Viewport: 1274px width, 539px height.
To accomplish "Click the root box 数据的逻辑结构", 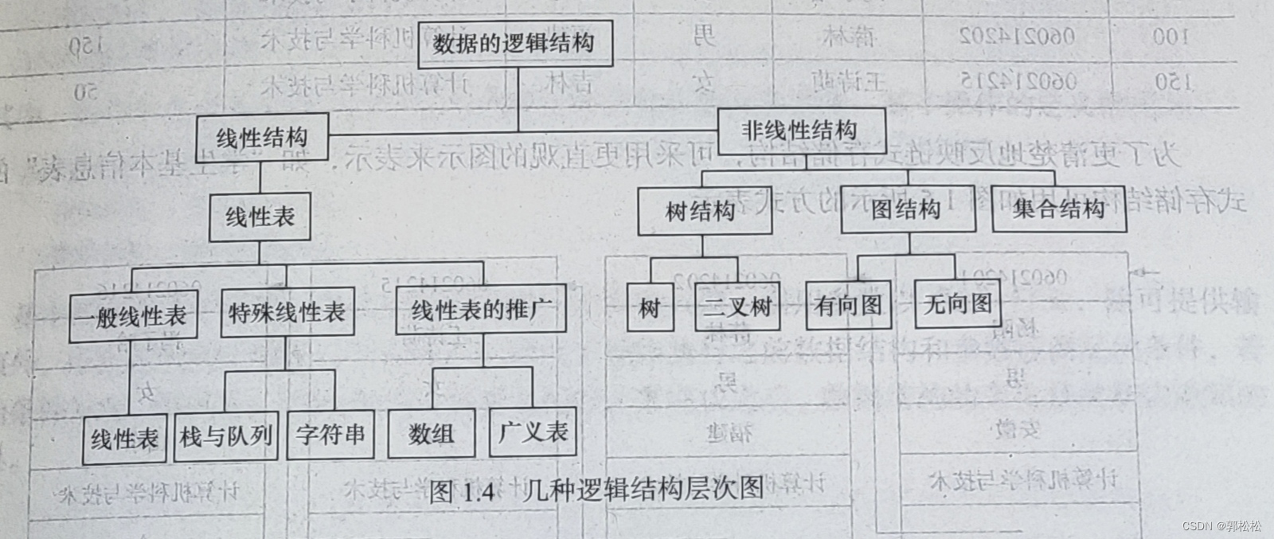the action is (x=514, y=42).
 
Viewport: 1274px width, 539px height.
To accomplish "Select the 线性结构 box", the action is (x=261, y=139).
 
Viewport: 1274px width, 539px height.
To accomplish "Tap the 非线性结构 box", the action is (x=800, y=131).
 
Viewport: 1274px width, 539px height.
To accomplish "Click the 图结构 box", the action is (x=907, y=209).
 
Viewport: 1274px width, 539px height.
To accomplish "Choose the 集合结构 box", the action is (x=1058, y=209).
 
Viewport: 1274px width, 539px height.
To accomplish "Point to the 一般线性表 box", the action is (x=132, y=317).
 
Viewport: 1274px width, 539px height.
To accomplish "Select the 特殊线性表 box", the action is (x=287, y=312).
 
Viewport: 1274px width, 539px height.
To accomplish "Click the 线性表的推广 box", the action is (x=480, y=309).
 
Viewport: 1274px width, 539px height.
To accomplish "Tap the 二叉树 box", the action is (x=737, y=307).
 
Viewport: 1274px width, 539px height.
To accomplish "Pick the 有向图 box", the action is (x=848, y=304).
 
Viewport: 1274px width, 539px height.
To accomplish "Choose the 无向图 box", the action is (x=957, y=303).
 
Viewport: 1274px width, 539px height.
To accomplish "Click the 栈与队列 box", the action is (x=226, y=435).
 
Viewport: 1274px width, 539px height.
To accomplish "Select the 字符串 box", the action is (x=330, y=435).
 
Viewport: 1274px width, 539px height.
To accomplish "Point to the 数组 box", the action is (x=431, y=434).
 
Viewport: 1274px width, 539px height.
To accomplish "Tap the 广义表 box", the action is (x=532, y=432).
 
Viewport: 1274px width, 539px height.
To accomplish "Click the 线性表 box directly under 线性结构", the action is (x=260, y=217).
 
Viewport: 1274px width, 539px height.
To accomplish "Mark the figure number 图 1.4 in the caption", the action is (x=463, y=491).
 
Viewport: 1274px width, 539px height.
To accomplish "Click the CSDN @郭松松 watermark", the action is (x=1221, y=526).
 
